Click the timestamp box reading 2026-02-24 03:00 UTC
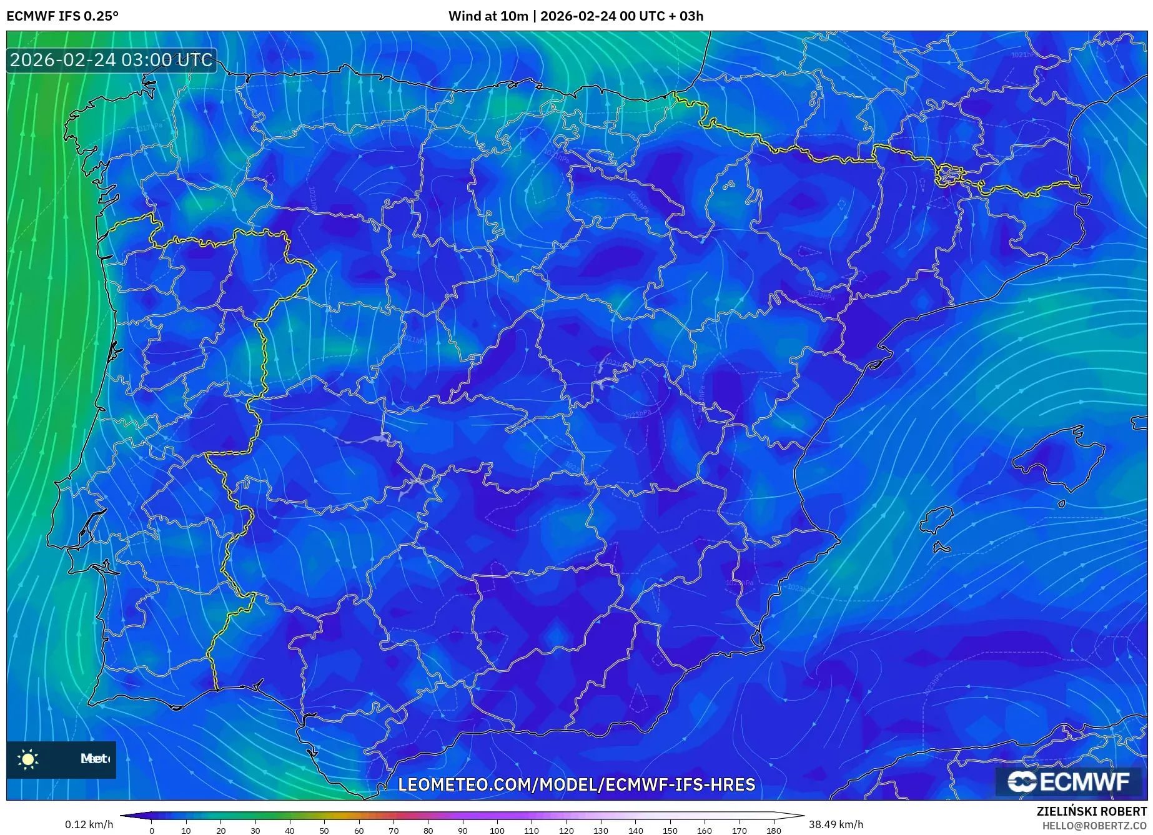click(111, 60)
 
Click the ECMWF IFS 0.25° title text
click(62, 16)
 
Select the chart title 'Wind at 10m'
click(488, 16)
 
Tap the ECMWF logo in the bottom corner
click(1069, 781)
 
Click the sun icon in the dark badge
click(28, 759)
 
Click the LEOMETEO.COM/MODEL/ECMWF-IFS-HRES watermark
click(576, 784)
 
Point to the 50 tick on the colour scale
click(324, 831)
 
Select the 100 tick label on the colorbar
click(497, 831)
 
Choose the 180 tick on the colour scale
click(773, 831)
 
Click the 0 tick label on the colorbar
click(152, 831)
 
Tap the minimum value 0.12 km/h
click(89, 824)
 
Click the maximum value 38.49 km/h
click(836, 824)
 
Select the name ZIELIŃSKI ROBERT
click(1091, 812)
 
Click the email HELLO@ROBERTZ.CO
click(1094, 826)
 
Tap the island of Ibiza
click(938, 520)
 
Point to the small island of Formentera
click(942, 548)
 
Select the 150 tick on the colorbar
click(670, 831)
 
